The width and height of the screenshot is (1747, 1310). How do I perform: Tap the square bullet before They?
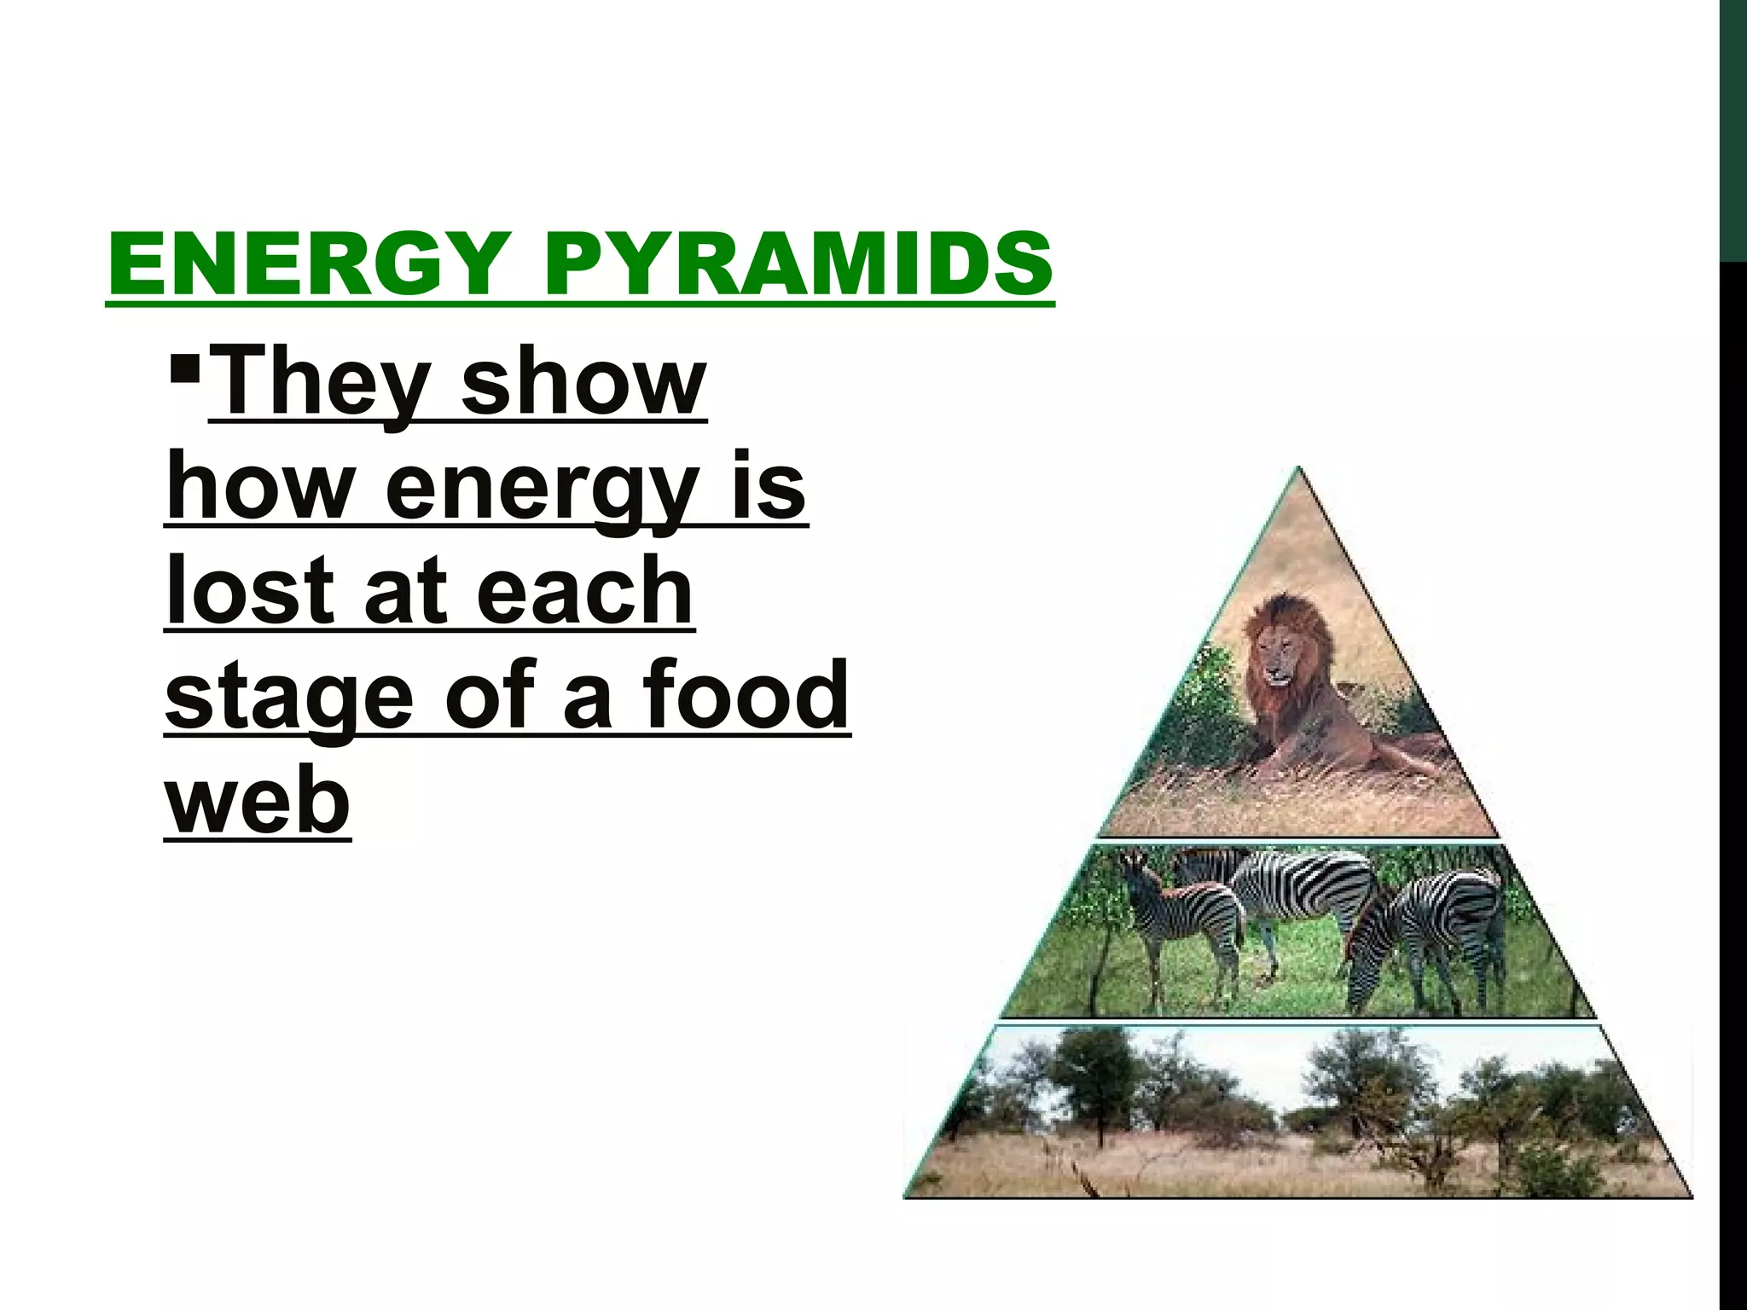[185, 371]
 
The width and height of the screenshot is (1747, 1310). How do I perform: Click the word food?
[746, 695]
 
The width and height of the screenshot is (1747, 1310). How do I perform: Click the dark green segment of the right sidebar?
[1733, 128]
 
